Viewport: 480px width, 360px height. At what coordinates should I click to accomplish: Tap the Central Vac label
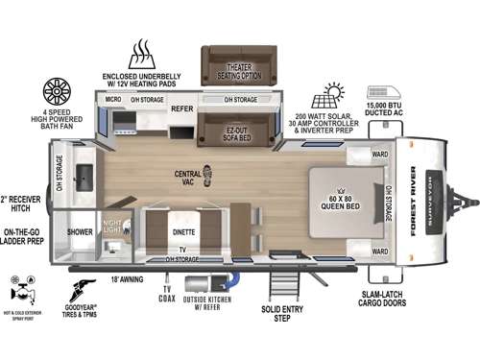(x=188, y=177)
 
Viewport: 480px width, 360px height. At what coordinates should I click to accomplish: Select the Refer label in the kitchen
(x=181, y=109)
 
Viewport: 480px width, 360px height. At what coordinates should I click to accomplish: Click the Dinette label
(x=185, y=231)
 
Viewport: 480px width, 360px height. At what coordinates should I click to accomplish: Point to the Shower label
(x=79, y=231)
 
